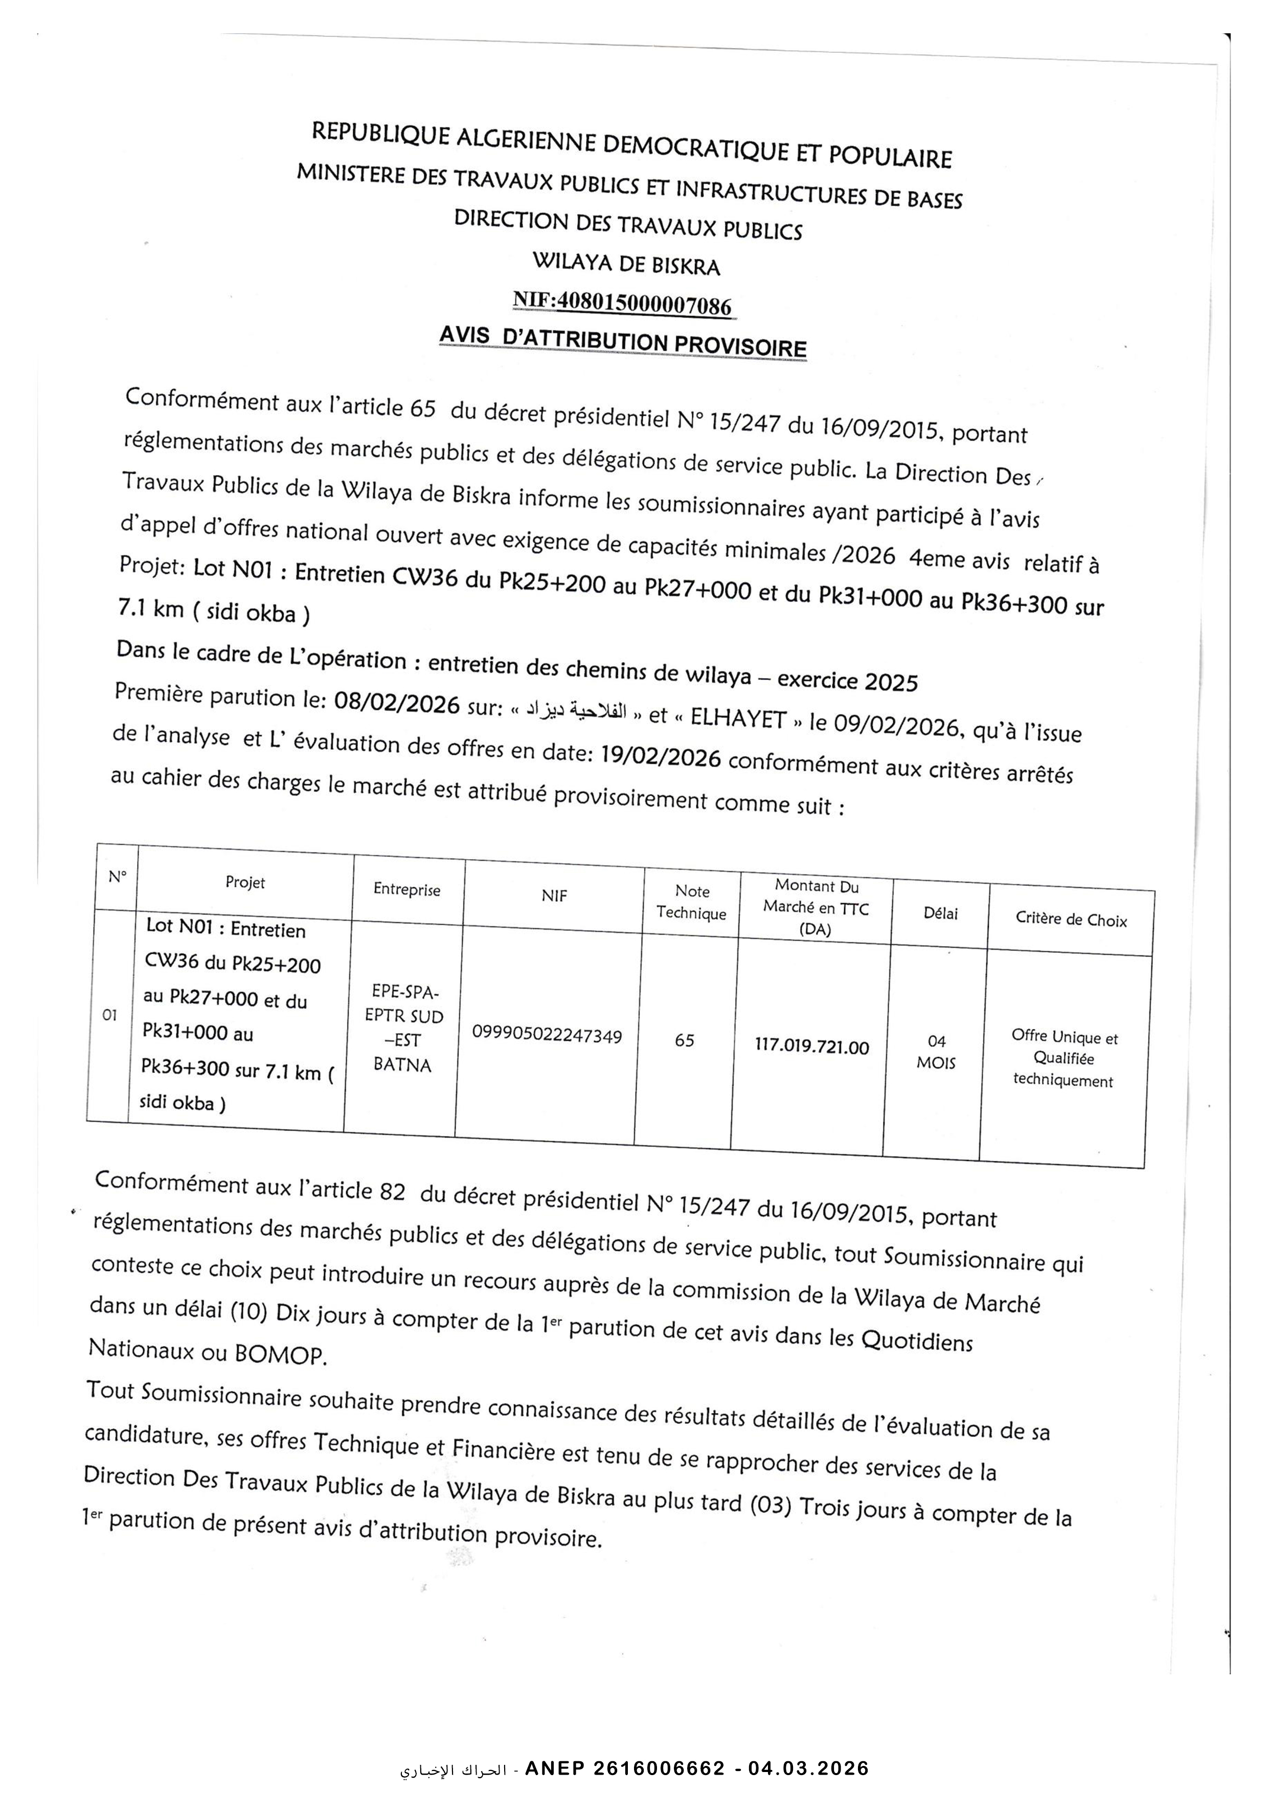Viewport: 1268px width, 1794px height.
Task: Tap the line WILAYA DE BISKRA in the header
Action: click(626, 263)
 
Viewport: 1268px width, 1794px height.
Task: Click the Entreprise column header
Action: click(406, 889)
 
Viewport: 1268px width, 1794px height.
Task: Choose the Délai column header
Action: click(941, 913)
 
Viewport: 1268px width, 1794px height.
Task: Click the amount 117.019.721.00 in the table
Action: click(812, 1047)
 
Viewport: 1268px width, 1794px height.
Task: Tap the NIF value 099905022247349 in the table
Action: click(547, 1036)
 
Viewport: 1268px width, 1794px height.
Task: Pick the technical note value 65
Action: click(685, 1040)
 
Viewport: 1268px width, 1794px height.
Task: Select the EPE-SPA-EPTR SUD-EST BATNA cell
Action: click(404, 1028)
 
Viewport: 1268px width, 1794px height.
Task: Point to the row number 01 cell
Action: click(109, 1015)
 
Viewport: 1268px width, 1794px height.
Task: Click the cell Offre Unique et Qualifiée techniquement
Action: click(1063, 1059)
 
